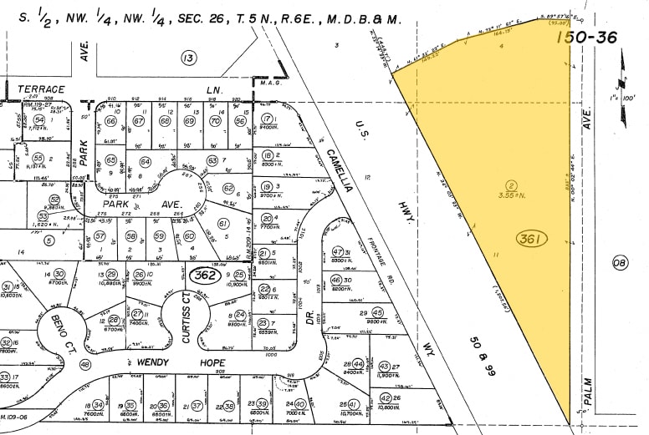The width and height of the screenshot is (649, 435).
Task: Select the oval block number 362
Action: click(204, 274)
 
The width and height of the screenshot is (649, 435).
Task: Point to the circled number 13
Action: click(189, 57)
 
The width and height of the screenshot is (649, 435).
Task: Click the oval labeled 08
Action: click(620, 265)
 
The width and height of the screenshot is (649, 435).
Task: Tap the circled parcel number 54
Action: click(38, 120)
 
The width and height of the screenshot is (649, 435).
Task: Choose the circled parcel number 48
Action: click(84, 364)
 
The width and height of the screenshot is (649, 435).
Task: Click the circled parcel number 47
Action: click(337, 252)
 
